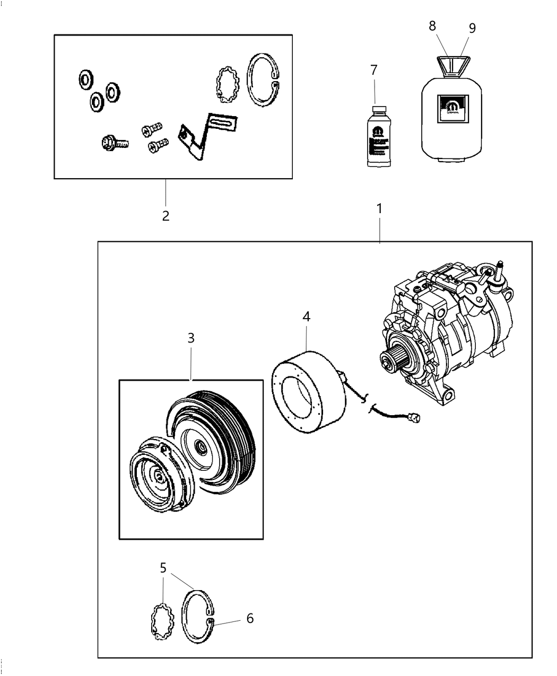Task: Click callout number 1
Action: pyautogui.click(x=379, y=209)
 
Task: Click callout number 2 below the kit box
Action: pyautogui.click(x=166, y=216)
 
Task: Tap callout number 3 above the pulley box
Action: pyautogui.click(x=191, y=338)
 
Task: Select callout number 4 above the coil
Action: pyautogui.click(x=306, y=317)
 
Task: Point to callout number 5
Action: pyautogui.click(x=163, y=568)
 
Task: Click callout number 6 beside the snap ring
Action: pyautogui.click(x=250, y=618)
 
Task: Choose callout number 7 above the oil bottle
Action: pyautogui.click(x=373, y=69)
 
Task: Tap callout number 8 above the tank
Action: pyautogui.click(x=432, y=25)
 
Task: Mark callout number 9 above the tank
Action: pyautogui.click(x=472, y=28)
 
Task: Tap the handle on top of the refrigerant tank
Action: pyautogui.click(x=451, y=66)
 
